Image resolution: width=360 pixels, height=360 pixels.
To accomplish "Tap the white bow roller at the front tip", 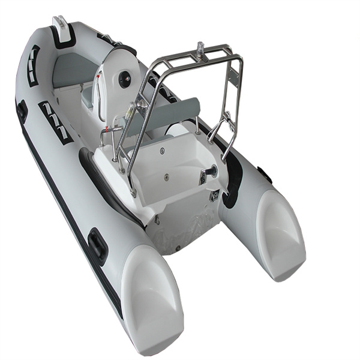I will (x=61, y=24).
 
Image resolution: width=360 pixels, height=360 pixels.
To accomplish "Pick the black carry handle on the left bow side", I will (x=22, y=111).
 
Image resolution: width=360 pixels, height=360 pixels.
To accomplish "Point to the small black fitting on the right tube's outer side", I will (x=265, y=175).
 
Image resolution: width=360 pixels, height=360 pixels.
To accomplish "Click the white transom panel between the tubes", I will (x=180, y=225).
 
